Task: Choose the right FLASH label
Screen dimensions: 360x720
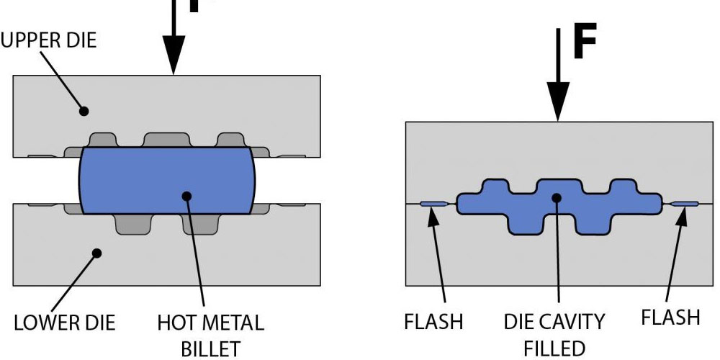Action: pyautogui.click(x=670, y=318)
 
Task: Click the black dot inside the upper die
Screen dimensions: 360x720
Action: pyautogui.click(x=84, y=112)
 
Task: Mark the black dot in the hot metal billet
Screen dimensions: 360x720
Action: pyautogui.click(x=187, y=195)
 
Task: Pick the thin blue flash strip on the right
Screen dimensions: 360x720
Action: pyautogui.click(x=683, y=204)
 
